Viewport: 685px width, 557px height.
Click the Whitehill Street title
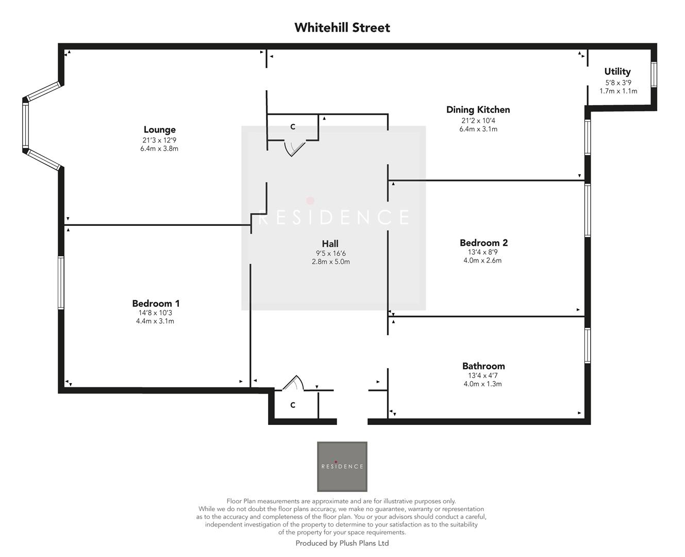(x=342, y=28)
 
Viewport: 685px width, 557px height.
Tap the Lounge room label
(x=159, y=130)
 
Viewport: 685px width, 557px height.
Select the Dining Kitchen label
(x=478, y=110)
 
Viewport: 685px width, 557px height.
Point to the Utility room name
(x=617, y=72)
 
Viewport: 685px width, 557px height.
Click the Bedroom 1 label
(x=156, y=304)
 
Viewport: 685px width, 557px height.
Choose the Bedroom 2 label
(x=483, y=243)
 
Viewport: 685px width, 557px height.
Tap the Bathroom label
(x=483, y=366)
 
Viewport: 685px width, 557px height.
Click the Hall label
(x=330, y=244)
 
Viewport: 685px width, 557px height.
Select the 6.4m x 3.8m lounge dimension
(x=159, y=149)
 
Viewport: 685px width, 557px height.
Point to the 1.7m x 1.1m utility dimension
(x=618, y=91)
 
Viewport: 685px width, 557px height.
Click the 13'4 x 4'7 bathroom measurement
(x=483, y=375)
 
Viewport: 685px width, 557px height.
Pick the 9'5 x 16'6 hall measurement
(x=330, y=253)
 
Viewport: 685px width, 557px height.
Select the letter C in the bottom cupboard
(x=293, y=405)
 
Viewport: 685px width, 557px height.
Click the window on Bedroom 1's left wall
(x=61, y=283)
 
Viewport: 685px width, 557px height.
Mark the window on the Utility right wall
(x=654, y=74)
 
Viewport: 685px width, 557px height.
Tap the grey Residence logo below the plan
(x=342, y=466)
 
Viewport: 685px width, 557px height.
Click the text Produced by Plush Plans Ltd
(x=342, y=543)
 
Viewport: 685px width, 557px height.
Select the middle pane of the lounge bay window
(x=25, y=126)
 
